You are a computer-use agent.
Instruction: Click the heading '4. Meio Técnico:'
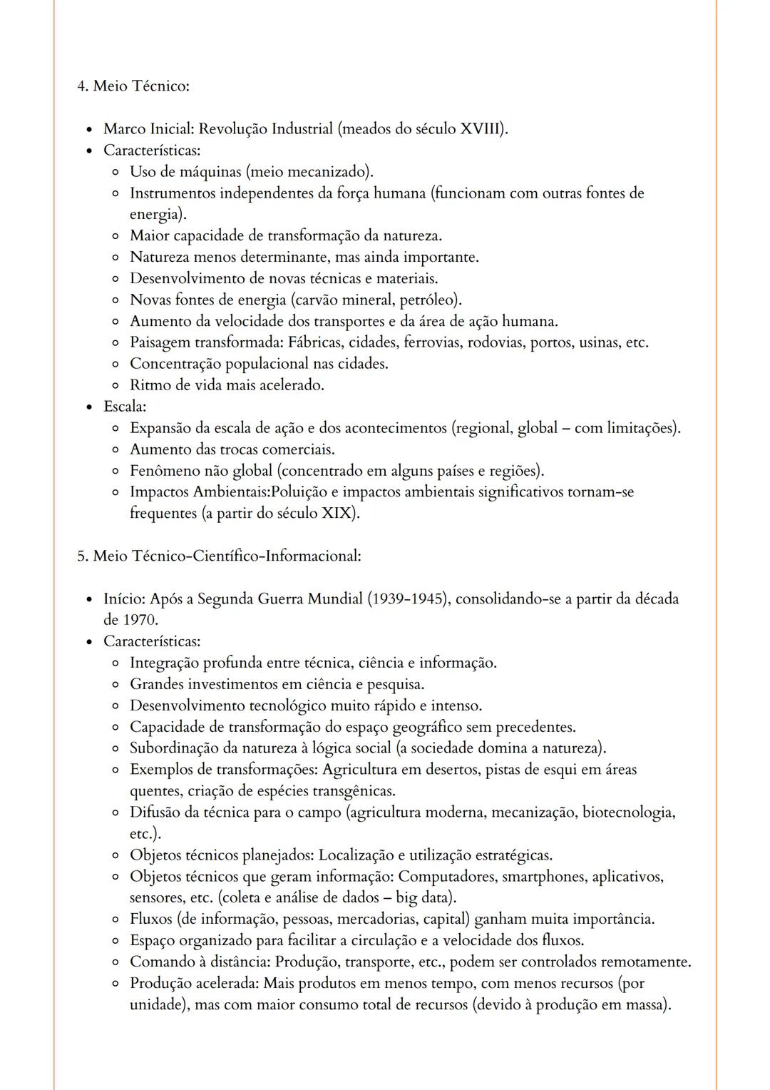point(133,86)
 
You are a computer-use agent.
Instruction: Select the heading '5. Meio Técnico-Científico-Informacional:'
point(219,556)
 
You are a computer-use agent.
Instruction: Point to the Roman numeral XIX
point(337,514)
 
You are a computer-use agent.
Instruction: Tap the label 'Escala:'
point(125,407)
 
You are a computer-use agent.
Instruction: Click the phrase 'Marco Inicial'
point(148,129)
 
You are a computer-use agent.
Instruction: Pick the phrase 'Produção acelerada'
point(194,983)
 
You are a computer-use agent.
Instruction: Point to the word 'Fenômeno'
point(165,471)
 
